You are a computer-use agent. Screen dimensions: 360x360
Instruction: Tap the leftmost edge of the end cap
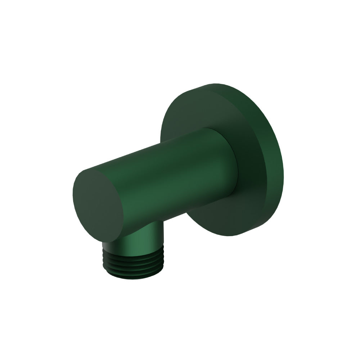click(x=73, y=198)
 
